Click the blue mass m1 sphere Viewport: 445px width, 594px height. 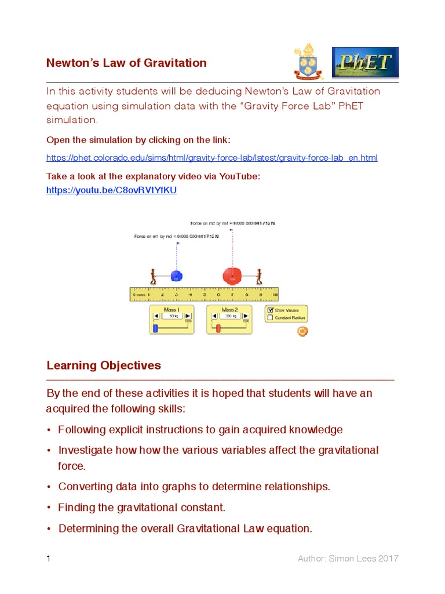(x=177, y=277)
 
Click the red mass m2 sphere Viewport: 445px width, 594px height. (x=232, y=276)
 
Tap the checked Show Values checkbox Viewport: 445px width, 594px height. (x=270, y=310)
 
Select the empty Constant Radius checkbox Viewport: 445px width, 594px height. (x=270, y=318)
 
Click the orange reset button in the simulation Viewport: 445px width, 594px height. (x=302, y=331)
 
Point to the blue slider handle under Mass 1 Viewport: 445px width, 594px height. (x=155, y=329)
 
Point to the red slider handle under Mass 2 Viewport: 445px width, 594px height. (x=218, y=329)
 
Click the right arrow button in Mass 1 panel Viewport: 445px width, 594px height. (x=188, y=316)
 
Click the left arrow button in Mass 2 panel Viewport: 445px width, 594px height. (x=213, y=316)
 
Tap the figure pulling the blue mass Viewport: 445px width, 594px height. (x=153, y=277)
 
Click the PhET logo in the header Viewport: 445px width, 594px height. (x=365, y=63)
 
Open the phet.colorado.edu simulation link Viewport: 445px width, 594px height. (x=211, y=158)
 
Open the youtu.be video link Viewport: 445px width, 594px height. (x=111, y=190)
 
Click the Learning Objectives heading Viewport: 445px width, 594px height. (x=104, y=365)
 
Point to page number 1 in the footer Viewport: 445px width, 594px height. (x=49, y=559)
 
